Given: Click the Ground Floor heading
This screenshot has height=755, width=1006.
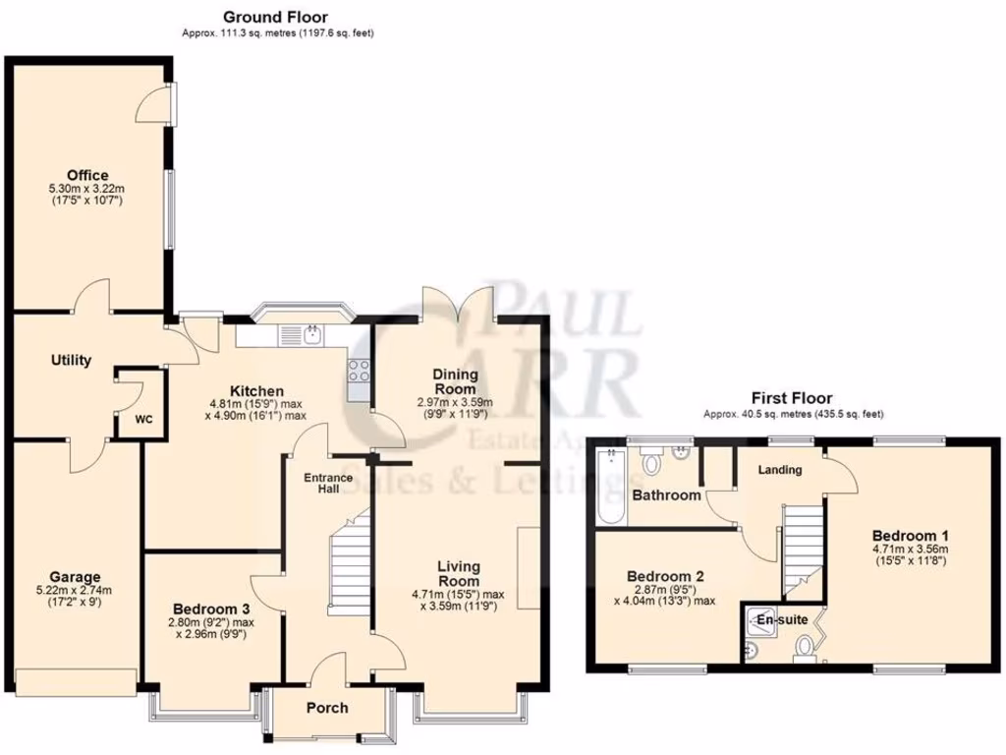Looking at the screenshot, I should pyautogui.click(x=275, y=17).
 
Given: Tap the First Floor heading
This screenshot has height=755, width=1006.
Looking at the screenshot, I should pyautogui.click(x=792, y=398).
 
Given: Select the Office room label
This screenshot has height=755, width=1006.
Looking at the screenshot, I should pyautogui.click(x=87, y=175).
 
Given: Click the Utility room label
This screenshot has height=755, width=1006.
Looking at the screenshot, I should pyautogui.click(x=71, y=360).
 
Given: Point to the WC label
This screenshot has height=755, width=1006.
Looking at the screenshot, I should pyautogui.click(x=143, y=420).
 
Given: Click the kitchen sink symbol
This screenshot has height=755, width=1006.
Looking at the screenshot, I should pyautogui.click(x=310, y=334).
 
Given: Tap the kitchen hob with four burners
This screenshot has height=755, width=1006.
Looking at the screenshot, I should pyautogui.click(x=359, y=372).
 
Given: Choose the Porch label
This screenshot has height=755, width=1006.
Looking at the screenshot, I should pyautogui.click(x=327, y=709).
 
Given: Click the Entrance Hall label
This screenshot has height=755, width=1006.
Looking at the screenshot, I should pyautogui.click(x=327, y=484).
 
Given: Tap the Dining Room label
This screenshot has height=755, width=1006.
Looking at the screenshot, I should pyautogui.click(x=455, y=381).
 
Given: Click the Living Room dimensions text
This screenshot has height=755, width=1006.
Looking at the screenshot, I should pyautogui.click(x=459, y=600).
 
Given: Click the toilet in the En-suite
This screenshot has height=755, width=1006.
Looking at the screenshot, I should pyautogui.click(x=805, y=647).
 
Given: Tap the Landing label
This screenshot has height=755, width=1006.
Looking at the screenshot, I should pyautogui.click(x=780, y=470).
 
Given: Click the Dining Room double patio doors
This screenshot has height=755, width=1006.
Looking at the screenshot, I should pyautogui.click(x=456, y=300).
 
